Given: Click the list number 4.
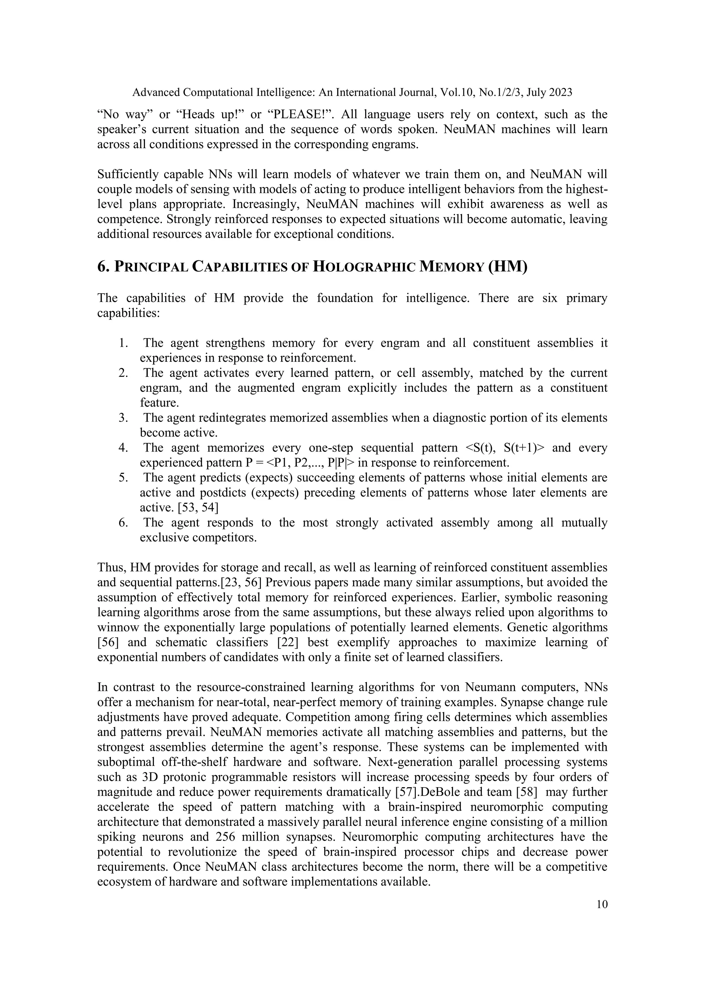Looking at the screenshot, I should [123, 448].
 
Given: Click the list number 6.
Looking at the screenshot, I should [123, 523].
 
